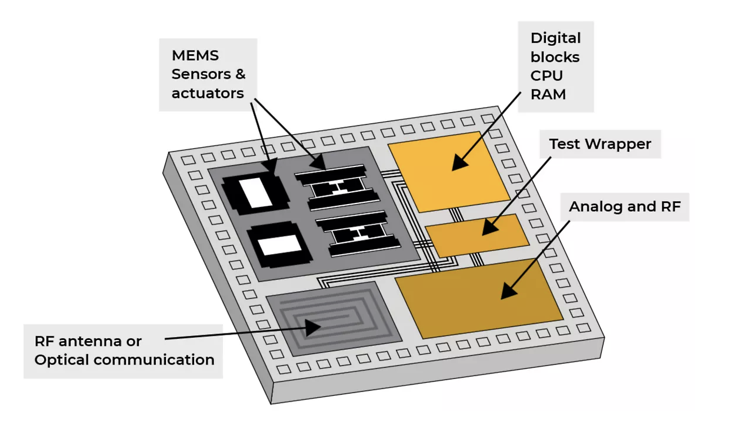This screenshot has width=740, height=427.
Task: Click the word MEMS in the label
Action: click(195, 56)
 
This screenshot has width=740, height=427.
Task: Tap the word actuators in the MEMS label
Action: click(208, 93)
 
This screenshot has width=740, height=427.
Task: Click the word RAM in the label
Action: click(548, 94)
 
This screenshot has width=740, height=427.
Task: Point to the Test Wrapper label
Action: click(600, 144)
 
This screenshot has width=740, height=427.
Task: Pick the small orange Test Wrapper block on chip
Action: click(476, 235)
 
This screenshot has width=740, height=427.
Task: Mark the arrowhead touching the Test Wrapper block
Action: click(489, 229)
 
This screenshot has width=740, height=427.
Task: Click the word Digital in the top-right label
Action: click(555, 38)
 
